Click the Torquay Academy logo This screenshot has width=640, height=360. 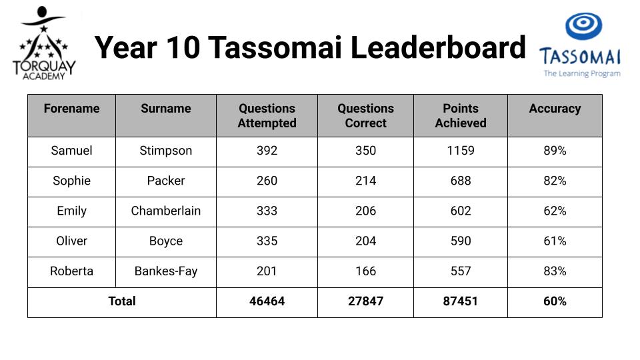point(44,43)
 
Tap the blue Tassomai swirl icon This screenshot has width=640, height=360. point(584,26)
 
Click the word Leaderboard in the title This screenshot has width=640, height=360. point(438,47)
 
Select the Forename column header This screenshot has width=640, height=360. point(72,108)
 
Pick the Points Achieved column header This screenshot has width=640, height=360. point(461,115)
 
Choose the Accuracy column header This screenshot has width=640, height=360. point(555,109)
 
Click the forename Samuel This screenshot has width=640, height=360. point(72,151)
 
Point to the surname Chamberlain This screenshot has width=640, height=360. point(166,211)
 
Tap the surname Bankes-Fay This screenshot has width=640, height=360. point(166,271)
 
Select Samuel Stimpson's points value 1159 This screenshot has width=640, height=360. point(461,151)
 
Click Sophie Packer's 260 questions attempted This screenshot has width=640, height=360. point(267,181)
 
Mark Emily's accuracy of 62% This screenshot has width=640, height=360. point(555,211)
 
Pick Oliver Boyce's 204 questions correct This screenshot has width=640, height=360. point(366,241)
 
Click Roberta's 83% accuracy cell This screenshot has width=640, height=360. point(555,271)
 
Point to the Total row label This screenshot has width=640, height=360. point(121,301)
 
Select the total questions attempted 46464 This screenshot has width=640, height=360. point(267,301)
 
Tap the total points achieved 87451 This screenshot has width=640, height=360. point(461,301)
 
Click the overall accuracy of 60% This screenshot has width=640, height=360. point(555,301)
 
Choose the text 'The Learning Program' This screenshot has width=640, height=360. point(582,74)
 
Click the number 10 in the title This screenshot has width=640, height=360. point(183,47)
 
